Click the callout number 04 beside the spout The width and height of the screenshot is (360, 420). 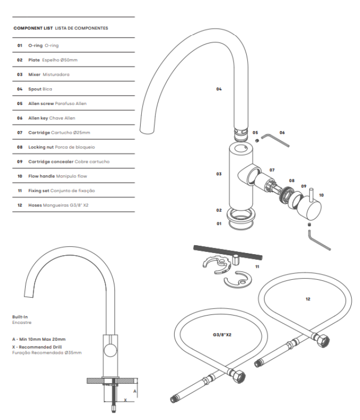(219, 89)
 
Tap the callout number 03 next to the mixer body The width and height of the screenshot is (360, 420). (219, 173)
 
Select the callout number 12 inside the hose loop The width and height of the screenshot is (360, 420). (308, 299)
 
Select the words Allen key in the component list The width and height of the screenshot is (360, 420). (38, 118)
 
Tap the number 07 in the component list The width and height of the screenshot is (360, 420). (19, 132)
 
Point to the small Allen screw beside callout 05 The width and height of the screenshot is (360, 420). (257, 140)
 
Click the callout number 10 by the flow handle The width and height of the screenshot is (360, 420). (321, 195)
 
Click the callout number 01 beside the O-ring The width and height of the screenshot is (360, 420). (219, 223)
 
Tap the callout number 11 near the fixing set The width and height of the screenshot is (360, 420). (257, 267)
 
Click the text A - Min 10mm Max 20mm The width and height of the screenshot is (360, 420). (39, 339)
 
